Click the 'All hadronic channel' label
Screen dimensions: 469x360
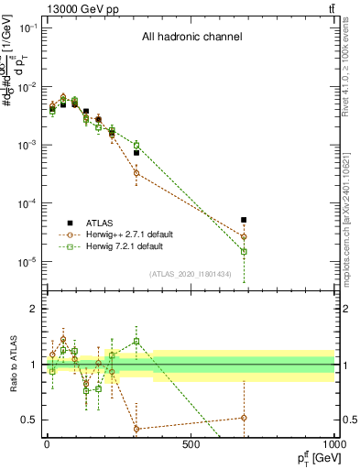[x=191, y=38]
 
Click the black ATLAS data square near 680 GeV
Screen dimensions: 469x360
[x=244, y=220]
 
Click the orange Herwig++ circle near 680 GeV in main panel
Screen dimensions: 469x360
[x=244, y=236]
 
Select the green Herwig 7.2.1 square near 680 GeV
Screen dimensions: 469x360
[x=244, y=251]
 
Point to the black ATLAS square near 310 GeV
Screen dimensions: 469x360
[x=136, y=153]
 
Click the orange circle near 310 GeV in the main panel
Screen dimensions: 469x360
[x=136, y=173]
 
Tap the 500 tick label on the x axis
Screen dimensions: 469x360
[x=191, y=444]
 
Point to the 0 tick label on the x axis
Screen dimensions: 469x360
[x=47, y=444]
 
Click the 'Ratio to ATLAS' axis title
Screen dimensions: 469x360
[x=11, y=364]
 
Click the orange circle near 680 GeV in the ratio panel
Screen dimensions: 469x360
[x=244, y=418]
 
